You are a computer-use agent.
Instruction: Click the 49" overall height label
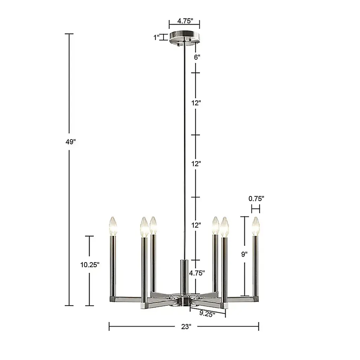click(x=70, y=142)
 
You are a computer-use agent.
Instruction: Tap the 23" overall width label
click(x=186, y=326)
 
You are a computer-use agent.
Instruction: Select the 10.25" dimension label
click(x=90, y=265)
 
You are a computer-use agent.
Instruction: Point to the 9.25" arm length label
click(x=207, y=313)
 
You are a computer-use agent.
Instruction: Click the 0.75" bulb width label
click(x=256, y=198)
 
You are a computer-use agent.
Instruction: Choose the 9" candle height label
click(x=244, y=254)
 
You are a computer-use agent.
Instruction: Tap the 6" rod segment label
click(x=197, y=57)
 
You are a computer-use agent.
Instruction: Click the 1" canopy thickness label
click(x=156, y=37)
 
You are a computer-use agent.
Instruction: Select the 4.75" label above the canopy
click(x=185, y=21)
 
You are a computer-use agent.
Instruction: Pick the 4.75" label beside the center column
click(x=197, y=273)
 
